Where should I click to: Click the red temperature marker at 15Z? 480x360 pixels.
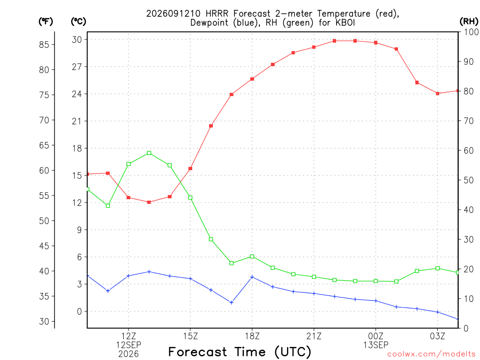[x=190, y=169]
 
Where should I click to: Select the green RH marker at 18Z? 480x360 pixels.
[x=252, y=256]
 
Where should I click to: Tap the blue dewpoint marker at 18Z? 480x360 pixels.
[x=252, y=277]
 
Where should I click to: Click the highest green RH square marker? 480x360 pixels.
[x=149, y=153]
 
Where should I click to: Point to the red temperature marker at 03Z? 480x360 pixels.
[x=438, y=93]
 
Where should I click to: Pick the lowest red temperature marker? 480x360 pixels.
[x=149, y=202]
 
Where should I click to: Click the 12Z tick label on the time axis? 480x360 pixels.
[x=128, y=336]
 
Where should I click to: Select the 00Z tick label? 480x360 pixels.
[x=375, y=336]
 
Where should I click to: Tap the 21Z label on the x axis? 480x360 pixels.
[x=314, y=336]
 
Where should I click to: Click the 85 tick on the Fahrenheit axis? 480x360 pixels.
[x=44, y=45]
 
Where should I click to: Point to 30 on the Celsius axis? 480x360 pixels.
[x=77, y=39]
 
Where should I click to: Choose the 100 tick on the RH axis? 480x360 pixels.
[x=472, y=32]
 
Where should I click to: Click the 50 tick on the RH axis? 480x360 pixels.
[x=469, y=180]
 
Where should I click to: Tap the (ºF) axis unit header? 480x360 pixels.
[x=45, y=22]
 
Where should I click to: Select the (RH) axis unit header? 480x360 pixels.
[x=469, y=22]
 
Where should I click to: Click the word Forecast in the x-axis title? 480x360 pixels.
[x=198, y=352]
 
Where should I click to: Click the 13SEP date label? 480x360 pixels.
[x=375, y=345]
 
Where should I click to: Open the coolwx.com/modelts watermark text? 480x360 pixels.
[x=431, y=354]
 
